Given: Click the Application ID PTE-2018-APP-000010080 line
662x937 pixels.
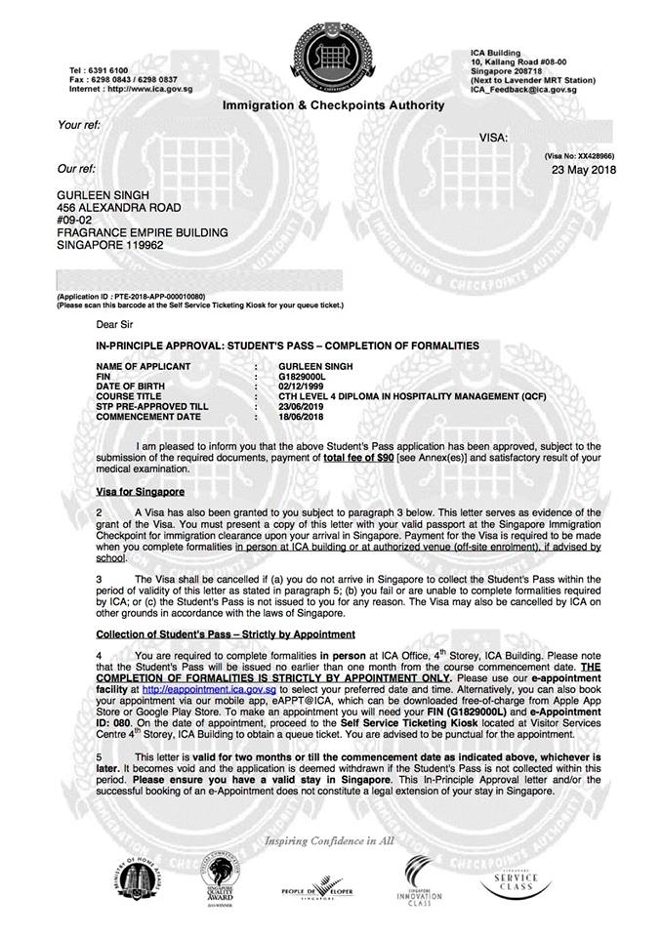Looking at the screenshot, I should pos(132,295).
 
